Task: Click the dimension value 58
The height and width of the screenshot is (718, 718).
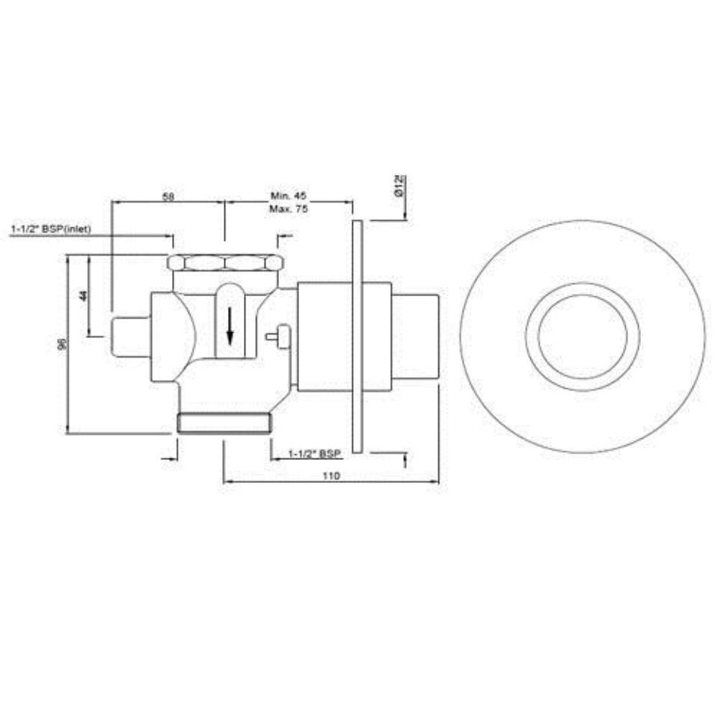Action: (x=168, y=196)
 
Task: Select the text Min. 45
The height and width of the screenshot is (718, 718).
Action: (x=288, y=196)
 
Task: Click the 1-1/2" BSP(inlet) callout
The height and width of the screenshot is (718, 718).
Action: (x=51, y=229)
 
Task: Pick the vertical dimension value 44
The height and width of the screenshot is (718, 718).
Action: (x=83, y=295)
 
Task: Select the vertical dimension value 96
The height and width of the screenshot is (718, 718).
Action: (x=62, y=343)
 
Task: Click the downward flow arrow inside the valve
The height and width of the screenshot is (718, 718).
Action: (x=230, y=327)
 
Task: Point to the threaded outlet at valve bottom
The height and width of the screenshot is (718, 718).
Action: (x=224, y=424)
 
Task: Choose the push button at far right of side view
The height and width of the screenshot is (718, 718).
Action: (x=415, y=336)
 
